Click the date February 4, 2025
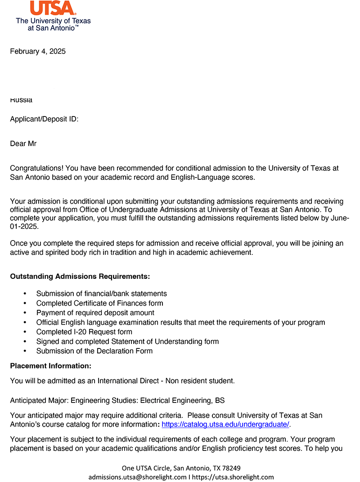pos(38,51)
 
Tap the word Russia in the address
pos(21,100)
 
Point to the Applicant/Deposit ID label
pos(44,119)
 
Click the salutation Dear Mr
pos(23,144)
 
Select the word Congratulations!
pos(37,169)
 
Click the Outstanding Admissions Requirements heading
pos(80,276)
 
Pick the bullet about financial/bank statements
pos(101,294)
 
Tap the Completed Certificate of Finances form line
pos(99,303)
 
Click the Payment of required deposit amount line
pos(95,313)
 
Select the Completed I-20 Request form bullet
pos(84,332)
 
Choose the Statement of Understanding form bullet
pos(127,342)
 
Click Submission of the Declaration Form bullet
pos(94,351)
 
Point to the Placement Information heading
pos(50,366)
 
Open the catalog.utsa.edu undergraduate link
pos(225,424)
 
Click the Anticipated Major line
pos(117,400)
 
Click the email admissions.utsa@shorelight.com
pos(137,477)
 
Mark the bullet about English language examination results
pos(180,322)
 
